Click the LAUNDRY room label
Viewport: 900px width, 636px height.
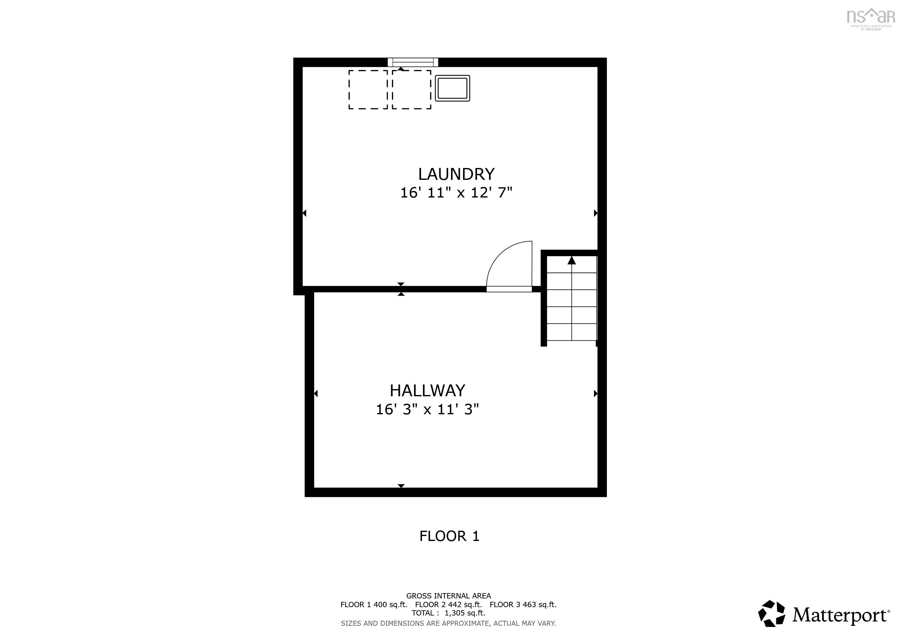pyautogui.click(x=456, y=174)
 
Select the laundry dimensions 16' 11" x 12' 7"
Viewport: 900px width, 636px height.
pyautogui.click(x=456, y=193)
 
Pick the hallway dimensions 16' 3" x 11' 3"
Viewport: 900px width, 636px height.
pyautogui.click(x=427, y=410)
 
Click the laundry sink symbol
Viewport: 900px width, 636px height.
pyautogui.click(x=452, y=88)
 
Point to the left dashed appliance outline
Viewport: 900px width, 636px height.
pyautogui.click(x=368, y=90)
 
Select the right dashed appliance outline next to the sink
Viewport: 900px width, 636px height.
pyautogui.click(x=411, y=90)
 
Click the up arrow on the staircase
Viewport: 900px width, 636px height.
pyautogui.click(x=572, y=260)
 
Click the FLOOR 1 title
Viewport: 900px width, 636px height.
pyautogui.click(x=449, y=536)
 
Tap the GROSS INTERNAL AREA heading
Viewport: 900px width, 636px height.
pyautogui.click(x=448, y=596)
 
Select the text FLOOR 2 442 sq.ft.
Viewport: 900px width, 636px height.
pyautogui.click(x=448, y=605)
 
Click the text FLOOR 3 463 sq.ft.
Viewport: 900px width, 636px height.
pyautogui.click(x=523, y=605)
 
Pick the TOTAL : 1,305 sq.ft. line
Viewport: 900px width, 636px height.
pyautogui.click(x=448, y=613)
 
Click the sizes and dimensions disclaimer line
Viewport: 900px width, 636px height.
pyautogui.click(x=448, y=623)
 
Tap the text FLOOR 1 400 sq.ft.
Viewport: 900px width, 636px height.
pyautogui.click(x=374, y=605)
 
